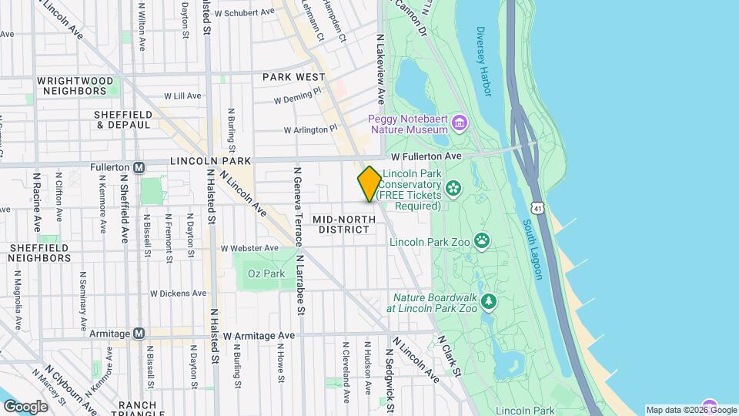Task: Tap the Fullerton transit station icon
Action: [x=139, y=167]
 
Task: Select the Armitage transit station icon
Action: [x=139, y=334]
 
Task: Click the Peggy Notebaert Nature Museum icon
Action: [x=460, y=123]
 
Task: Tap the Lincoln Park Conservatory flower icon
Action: [x=453, y=186]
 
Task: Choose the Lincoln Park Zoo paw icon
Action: [x=482, y=241]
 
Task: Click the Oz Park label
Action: [x=266, y=273]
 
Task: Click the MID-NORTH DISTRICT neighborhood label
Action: [x=344, y=225]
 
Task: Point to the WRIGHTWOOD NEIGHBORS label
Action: [x=75, y=86]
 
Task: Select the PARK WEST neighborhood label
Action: [x=293, y=77]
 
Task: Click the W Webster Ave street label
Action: [x=249, y=248]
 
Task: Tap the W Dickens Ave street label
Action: [x=178, y=293]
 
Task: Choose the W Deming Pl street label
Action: [x=296, y=96]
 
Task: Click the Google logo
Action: [x=25, y=406]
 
